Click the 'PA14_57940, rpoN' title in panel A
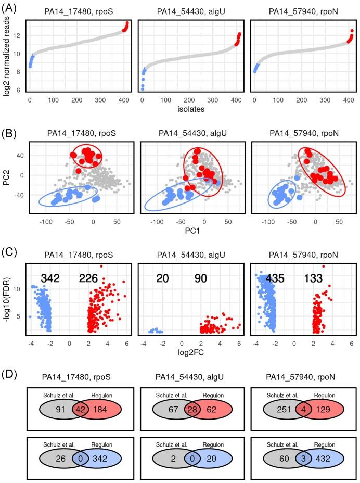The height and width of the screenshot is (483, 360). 302,9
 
